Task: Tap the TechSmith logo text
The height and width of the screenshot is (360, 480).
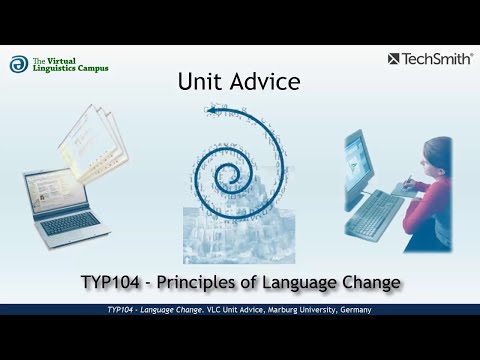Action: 437,59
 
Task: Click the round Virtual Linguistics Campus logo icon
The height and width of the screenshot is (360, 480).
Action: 19,64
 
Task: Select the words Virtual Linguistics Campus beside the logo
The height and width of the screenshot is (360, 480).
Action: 70,64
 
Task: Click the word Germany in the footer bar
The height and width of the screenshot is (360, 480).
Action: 350,311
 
